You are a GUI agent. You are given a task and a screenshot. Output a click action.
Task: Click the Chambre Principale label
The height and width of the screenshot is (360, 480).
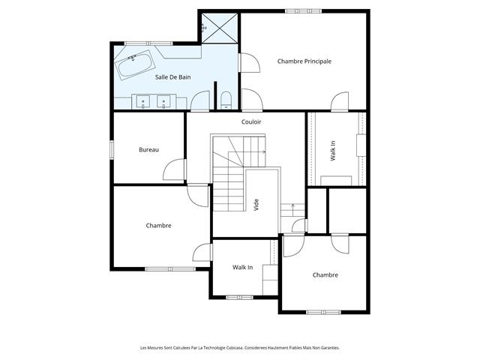click(x=304, y=61)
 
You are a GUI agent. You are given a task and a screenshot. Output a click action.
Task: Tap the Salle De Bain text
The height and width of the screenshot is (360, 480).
click(x=172, y=77)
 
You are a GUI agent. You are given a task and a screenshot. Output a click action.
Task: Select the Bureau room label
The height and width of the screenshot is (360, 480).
click(x=148, y=150)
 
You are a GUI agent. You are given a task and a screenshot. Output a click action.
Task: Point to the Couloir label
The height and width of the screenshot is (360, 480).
click(x=251, y=121)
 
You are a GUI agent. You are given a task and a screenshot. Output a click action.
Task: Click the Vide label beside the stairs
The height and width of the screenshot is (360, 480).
click(x=256, y=205)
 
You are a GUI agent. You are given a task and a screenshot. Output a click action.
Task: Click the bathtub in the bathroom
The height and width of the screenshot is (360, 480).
click(x=134, y=65)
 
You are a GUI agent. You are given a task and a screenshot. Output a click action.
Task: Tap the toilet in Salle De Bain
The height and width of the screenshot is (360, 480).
click(x=226, y=100)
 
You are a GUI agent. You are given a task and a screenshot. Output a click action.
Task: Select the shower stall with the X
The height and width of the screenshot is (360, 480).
click(x=220, y=28)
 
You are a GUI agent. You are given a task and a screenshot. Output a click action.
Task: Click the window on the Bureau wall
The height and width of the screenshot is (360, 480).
click(x=112, y=149)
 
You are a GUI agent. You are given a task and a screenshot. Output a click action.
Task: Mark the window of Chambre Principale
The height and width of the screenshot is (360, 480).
click(x=303, y=11)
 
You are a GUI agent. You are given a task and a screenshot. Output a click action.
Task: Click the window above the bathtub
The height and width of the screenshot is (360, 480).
click(x=148, y=43)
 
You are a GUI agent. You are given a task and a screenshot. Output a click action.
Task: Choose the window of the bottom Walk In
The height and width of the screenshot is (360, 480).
click(x=239, y=297)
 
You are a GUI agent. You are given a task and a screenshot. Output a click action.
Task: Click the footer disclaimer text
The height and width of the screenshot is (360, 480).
click(x=240, y=348)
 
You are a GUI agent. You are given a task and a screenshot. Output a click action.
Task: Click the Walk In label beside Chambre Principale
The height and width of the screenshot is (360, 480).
click(x=333, y=151)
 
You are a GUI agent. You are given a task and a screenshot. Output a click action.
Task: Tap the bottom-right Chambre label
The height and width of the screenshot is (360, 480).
click(x=325, y=275)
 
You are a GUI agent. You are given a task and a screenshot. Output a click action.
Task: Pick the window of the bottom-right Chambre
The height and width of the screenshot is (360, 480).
click(x=323, y=312)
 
